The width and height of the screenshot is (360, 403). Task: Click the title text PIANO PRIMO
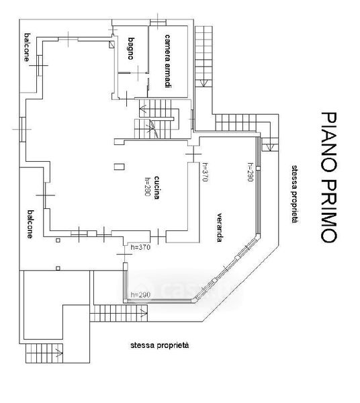point(328,177)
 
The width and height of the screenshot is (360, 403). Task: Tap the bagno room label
point(131,48)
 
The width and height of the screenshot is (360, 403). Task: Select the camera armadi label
point(167,61)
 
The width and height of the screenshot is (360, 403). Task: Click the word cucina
point(157,187)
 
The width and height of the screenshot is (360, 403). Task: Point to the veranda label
point(219,228)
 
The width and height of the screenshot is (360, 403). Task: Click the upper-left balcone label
point(26,47)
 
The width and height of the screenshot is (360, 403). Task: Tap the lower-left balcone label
point(31,224)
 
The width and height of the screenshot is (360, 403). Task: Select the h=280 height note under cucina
point(147,187)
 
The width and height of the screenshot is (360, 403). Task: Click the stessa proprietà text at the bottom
point(160,345)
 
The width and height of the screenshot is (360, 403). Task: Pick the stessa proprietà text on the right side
point(295,194)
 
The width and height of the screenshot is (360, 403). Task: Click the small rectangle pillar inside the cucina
point(120,167)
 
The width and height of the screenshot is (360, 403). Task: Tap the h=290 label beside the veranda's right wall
point(251,172)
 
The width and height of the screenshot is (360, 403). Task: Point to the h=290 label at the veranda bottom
point(140,295)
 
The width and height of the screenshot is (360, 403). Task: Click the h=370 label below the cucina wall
point(140,247)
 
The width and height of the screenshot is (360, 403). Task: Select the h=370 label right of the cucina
point(205,172)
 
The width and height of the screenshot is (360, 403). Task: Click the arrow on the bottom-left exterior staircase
point(59,353)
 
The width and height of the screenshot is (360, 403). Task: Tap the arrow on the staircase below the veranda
point(144,313)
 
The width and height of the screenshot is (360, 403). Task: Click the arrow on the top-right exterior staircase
point(204,83)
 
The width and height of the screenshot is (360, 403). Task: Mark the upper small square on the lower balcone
point(58,240)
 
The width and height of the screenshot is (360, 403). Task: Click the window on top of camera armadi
point(158,23)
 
